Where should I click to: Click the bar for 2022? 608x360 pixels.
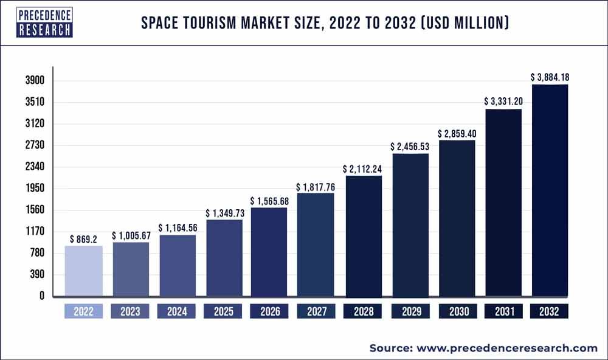tap(83, 272)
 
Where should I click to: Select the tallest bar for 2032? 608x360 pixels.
tap(550, 190)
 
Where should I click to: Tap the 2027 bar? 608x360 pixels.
tap(316, 245)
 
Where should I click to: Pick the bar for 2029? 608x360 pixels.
tap(410, 226)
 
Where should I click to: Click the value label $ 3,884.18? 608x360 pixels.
tap(550, 77)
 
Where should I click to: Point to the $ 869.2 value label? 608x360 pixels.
tap(84, 239)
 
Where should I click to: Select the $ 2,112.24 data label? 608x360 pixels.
tap(363, 168)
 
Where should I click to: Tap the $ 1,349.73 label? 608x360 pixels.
tap(224, 213)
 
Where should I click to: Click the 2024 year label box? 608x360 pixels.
tap(176, 312)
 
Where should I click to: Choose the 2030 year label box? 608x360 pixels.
tap(457, 312)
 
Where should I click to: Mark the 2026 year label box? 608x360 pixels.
tap(270, 312)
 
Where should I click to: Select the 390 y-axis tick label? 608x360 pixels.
tap(37, 275)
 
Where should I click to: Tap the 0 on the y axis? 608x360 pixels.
tap(42, 296)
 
